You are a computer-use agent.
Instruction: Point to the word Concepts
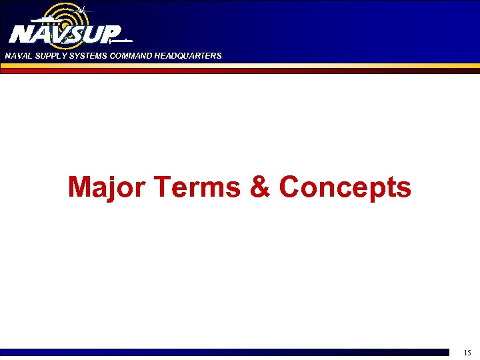click(x=345, y=187)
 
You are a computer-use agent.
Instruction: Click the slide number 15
click(x=467, y=352)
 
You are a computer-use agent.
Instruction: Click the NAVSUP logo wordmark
click(x=65, y=33)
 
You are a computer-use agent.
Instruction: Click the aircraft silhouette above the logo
click(x=81, y=9)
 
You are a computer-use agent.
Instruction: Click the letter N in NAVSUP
click(x=19, y=33)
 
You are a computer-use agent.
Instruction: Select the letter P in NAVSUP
click(x=111, y=33)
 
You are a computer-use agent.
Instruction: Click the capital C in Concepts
click(x=291, y=187)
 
